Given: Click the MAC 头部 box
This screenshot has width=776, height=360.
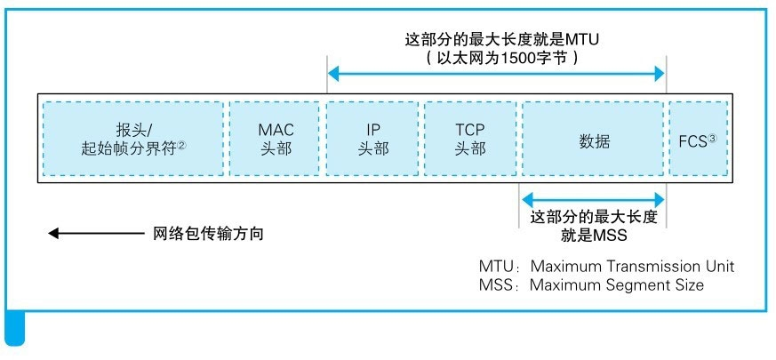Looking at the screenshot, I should tap(276, 139).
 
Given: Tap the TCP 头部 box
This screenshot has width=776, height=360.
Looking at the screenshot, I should tap(470, 139).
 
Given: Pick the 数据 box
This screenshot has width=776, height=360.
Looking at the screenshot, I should tap(593, 139).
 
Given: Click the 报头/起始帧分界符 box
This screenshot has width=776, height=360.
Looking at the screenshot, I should tap(133, 139).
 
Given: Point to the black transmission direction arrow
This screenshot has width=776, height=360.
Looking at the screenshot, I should tap(93, 234).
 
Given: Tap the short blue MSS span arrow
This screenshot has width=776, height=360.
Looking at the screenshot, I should tap(593, 198).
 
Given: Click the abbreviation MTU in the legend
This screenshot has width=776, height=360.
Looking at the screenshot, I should tap(497, 267).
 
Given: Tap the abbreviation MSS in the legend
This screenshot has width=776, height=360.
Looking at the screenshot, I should tap(497, 285).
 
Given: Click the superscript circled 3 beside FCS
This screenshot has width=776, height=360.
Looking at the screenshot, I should tap(711, 136).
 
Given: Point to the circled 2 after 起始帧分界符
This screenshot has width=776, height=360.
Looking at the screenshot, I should tap(181, 146).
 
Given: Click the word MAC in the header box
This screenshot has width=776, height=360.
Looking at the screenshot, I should tap(276, 130).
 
